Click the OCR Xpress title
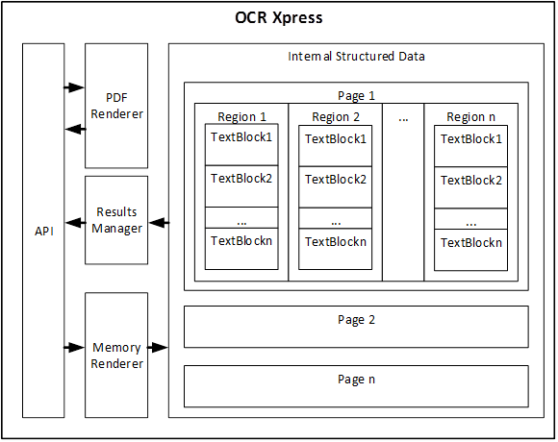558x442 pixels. (279, 17)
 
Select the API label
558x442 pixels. (44, 232)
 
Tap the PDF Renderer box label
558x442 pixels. (116, 106)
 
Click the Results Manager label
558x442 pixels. (116, 220)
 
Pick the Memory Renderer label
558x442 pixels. (116, 356)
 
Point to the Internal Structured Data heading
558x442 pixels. (356, 57)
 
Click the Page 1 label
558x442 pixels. (356, 95)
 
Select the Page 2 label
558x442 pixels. (356, 320)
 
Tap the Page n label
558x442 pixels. (356, 380)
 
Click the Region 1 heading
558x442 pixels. (242, 117)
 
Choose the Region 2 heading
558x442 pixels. (336, 117)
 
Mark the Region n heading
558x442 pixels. (470, 117)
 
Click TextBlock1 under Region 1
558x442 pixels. (241, 137)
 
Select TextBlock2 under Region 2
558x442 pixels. (336, 180)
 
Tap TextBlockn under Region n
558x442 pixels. (471, 243)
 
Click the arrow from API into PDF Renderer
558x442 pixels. (74, 87)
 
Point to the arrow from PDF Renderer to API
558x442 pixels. (75, 129)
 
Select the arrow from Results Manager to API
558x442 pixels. (75, 223)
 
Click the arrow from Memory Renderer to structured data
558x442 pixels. (158, 347)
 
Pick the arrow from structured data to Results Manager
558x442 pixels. (159, 223)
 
